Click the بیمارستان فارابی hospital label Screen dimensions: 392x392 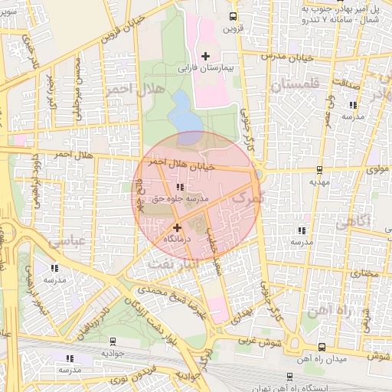click(x=204, y=68)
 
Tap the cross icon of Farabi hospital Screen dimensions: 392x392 click(x=205, y=55)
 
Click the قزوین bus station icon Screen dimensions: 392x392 click(x=233, y=16)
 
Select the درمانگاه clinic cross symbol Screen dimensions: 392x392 click(x=178, y=227)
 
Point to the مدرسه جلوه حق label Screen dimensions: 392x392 click(x=178, y=198)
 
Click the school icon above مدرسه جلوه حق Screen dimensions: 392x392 click(x=179, y=187)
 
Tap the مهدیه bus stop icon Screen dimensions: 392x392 click(x=319, y=171)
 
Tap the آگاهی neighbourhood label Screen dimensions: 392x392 click(x=352, y=220)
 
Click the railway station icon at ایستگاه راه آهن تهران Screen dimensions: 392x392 click(x=289, y=375)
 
